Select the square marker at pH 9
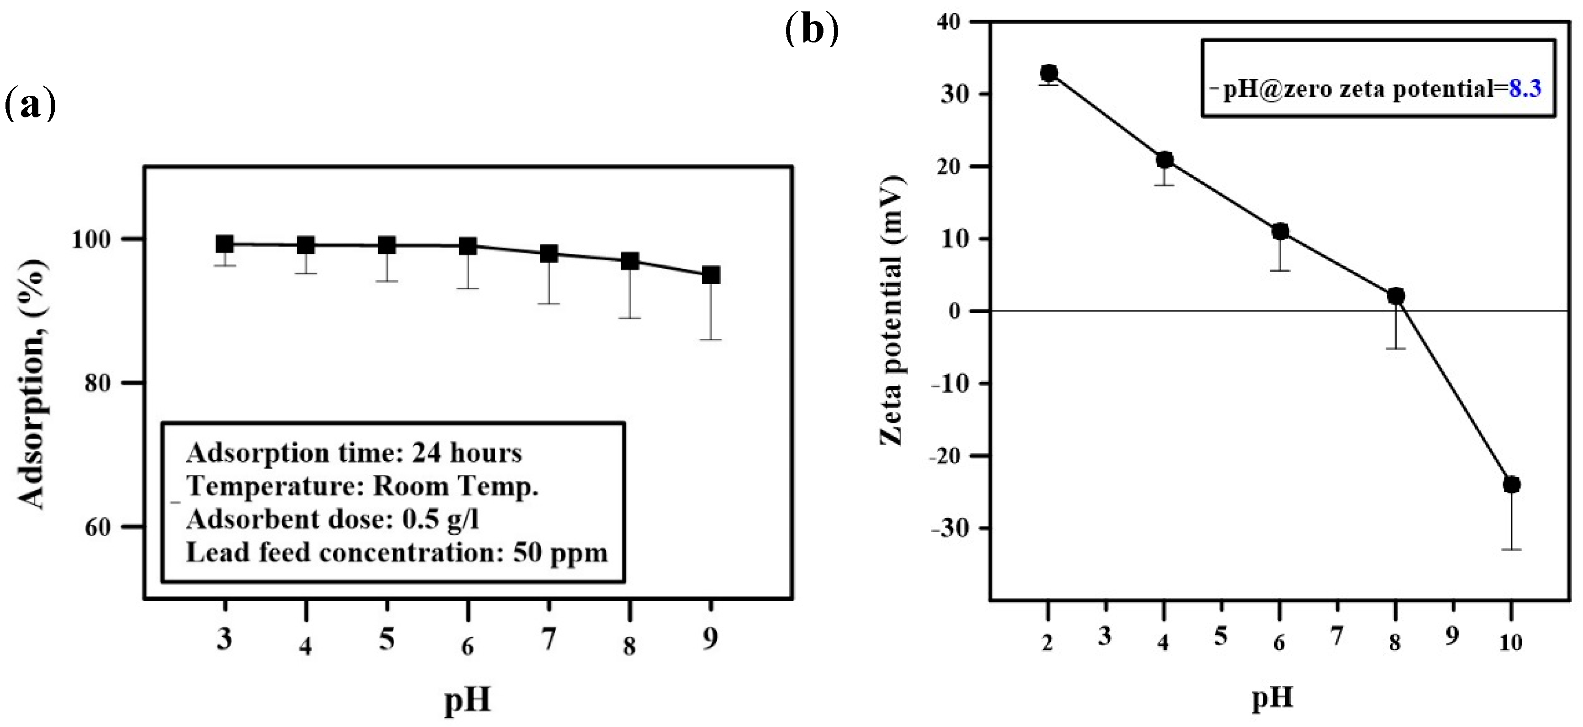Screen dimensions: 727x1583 (711, 275)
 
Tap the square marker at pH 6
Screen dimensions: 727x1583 (468, 247)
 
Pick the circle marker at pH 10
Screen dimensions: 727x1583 (1511, 484)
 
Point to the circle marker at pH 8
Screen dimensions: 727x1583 (1396, 296)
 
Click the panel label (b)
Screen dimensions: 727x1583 (812, 30)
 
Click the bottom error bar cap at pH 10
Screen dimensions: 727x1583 (1511, 549)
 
